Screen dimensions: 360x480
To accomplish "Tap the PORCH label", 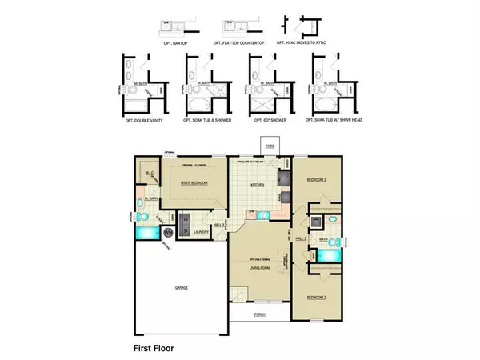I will pos(259,314).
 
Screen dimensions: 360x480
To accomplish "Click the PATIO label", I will pos(270,146).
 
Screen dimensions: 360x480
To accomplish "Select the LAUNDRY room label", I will pos(202,233).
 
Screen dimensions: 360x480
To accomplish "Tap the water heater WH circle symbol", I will pos(169,234).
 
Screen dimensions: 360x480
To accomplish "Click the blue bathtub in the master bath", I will pos(148,233).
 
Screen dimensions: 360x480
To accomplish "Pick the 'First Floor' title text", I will pos(153,348).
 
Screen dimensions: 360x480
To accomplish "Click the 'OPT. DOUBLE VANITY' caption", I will pos(141,122).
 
